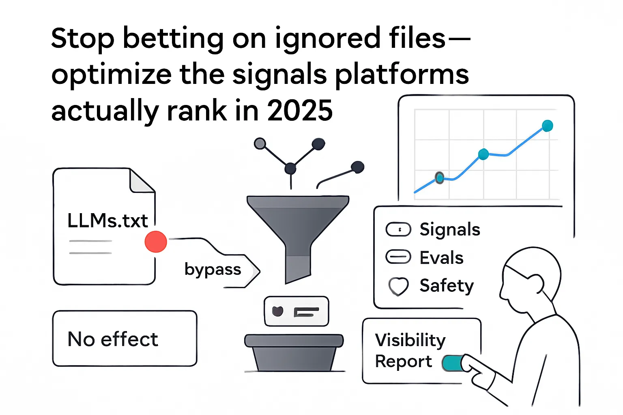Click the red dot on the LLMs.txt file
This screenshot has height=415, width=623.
point(156,242)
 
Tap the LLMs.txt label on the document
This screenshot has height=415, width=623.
point(107,221)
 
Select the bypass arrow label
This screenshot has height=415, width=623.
point(213,270)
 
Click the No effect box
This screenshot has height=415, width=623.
point(125,339)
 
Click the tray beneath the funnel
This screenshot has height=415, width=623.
point(294,352)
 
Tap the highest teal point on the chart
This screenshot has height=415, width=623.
point(547,126)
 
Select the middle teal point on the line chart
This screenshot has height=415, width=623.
point(483,154)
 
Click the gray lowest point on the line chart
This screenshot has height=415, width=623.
point(439,178)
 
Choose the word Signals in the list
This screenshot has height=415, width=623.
point(450,229)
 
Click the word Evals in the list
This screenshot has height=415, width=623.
point(441,258)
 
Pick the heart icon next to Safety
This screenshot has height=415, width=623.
point(398,286)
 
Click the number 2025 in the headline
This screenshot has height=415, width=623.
point(300,111)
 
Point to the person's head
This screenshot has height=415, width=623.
point(531,278)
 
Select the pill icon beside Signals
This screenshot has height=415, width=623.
point(398,229)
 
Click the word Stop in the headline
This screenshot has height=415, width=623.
point(83,39)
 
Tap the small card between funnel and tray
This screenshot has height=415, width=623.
point(296,311)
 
